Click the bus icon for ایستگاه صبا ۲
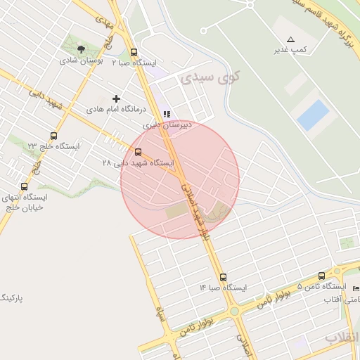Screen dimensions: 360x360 (134, 52)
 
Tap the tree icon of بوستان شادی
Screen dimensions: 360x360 (82, 49)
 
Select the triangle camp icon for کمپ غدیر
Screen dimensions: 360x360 (290, 39)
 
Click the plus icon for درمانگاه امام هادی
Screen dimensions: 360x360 (116, 98)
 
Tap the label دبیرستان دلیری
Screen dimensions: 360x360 (167, 124)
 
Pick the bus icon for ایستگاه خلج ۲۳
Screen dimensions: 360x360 (54, 136)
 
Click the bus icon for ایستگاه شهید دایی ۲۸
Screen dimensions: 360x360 (137, 152)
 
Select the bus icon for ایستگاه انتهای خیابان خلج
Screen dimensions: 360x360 (25, 186)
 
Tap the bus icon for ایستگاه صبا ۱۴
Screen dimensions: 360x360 (223, 277)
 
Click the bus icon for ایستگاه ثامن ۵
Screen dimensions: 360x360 (322, 276)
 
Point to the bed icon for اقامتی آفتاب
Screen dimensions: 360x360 (355, 289)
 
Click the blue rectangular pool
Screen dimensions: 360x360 (313, 115)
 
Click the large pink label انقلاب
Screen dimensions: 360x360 (342, 338)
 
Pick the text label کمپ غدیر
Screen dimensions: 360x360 (290, 50)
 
